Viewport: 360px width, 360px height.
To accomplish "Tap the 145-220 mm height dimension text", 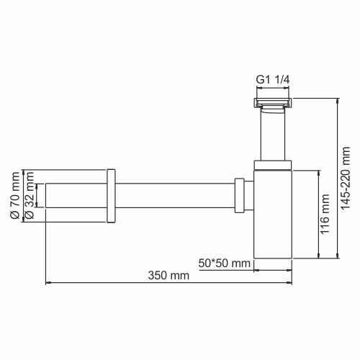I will coord(346,176).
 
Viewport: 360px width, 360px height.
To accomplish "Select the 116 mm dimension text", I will coord(325,214).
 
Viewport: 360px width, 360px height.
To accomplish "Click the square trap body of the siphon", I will coord(273,216).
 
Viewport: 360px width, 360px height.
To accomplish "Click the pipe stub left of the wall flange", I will coord(76,196).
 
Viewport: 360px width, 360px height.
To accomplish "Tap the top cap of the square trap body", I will coord(273,167).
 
